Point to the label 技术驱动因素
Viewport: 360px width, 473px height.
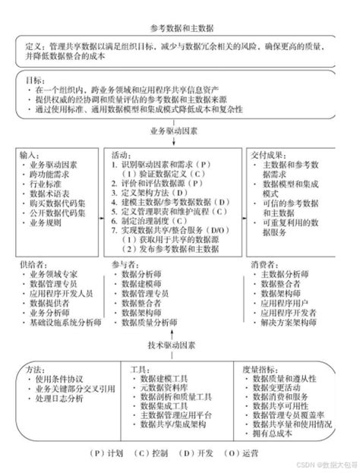(180, 344)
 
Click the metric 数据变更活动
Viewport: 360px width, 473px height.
(282, 386)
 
